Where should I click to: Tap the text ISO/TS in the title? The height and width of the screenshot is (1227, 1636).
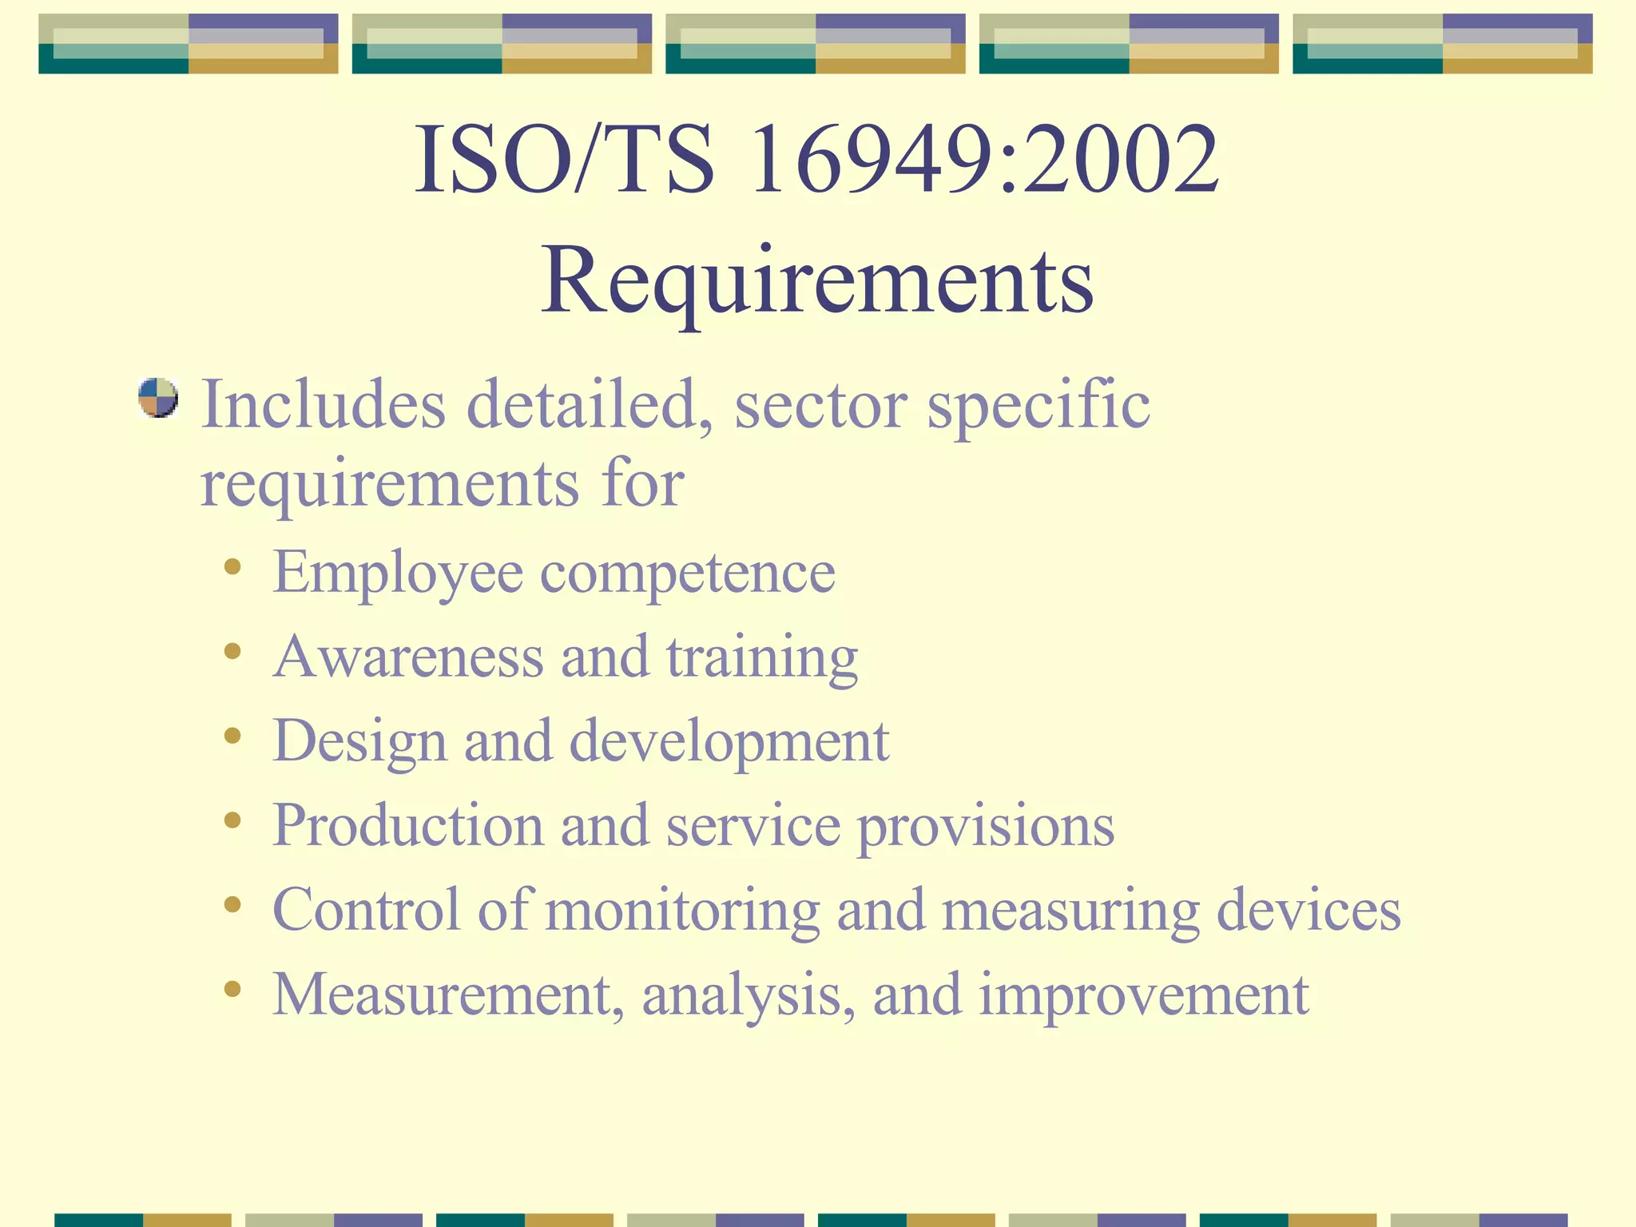[564, 160]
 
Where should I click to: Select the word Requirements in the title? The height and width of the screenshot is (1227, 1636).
[817, 281]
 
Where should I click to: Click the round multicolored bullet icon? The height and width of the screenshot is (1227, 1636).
[157, 398]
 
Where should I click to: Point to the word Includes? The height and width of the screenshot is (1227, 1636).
[323, 404]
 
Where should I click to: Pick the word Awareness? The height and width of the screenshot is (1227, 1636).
[408, 656]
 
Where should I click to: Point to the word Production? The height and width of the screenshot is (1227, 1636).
[408, 825]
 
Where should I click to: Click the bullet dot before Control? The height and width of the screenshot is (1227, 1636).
[232, 904]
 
